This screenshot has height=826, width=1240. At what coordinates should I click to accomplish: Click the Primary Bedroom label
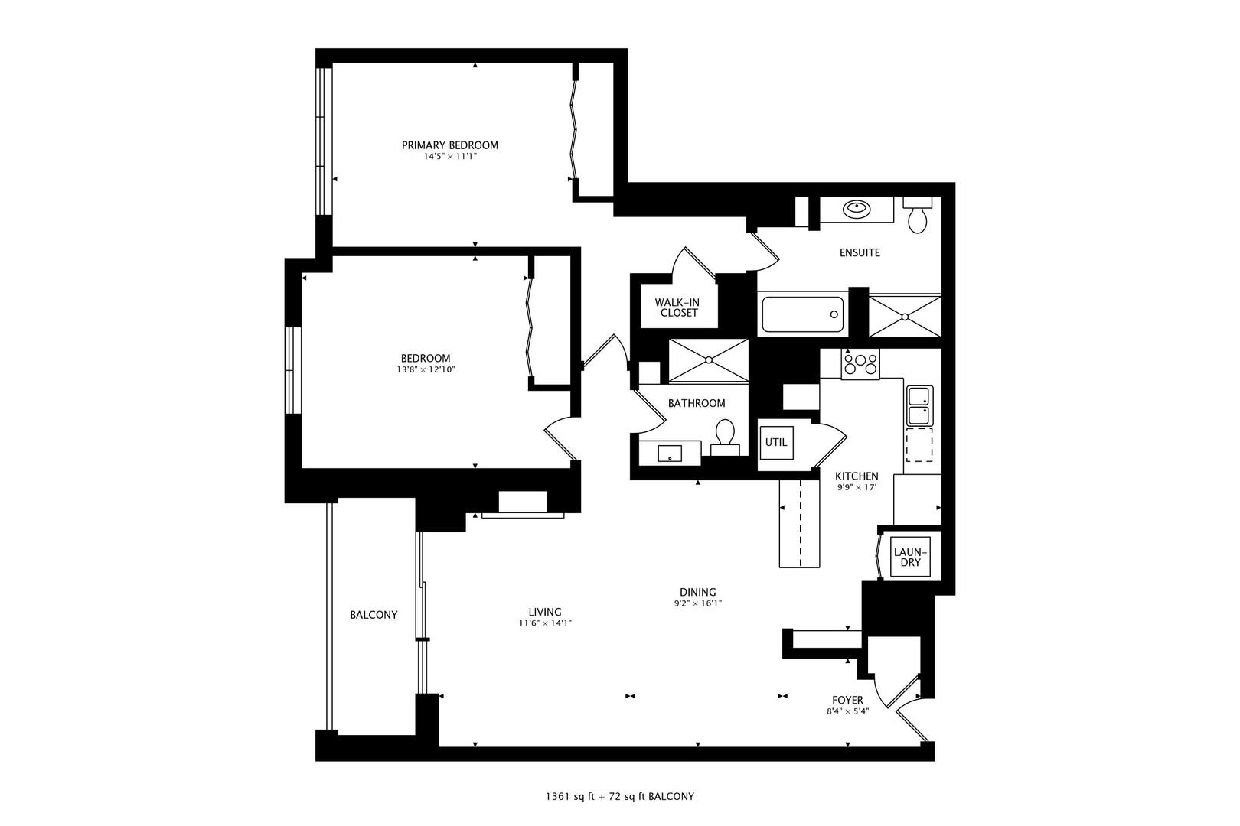tap(449, 145)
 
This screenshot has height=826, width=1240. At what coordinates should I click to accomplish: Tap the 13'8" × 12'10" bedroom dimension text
tap(426, 369)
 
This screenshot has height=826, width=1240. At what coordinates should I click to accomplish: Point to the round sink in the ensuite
tap(855, 207)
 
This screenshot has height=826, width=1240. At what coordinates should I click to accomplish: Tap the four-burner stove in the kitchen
tap(860, 363)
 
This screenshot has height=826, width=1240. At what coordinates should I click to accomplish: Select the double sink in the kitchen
tap(919, 405)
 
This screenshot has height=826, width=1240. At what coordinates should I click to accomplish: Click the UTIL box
tap(775, 443)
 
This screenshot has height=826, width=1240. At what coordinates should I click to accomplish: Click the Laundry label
tap(910, 557)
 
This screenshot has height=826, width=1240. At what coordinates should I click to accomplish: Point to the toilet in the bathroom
tap(724, 435)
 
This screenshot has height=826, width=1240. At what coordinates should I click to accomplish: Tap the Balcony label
tap(374, 614)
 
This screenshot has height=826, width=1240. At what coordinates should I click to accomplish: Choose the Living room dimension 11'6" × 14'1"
tap(545, 623)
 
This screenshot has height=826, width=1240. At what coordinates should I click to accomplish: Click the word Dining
tap(697, 592)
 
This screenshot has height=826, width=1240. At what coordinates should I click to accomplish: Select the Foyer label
tap(847, 700)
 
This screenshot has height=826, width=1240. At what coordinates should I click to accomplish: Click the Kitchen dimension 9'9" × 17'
tap(857, 486)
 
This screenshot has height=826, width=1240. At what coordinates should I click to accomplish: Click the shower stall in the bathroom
tap(708, 359)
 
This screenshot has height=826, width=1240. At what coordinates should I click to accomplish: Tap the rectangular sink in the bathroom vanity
tap(670, 454)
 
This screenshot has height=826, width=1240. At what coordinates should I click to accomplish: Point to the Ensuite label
tap(859, 252)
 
